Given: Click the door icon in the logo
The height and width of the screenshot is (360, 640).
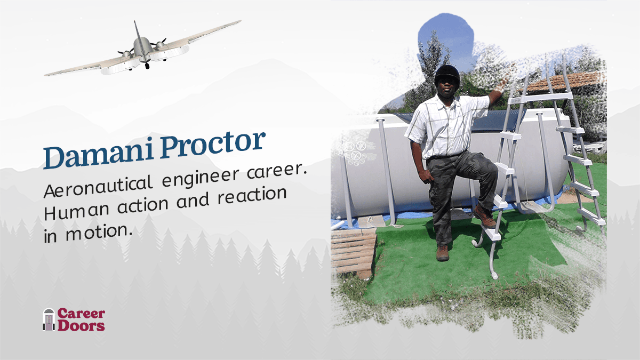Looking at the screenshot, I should tap(49, 319).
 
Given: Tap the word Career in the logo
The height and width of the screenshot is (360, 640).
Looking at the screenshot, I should tap(81, 314).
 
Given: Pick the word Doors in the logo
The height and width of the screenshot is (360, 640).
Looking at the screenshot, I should tap(81, 325).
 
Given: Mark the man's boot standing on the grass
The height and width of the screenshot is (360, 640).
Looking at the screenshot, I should tap(443, 253).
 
